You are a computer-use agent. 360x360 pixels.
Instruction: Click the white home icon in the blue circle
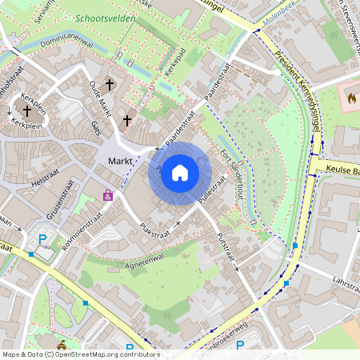tap(180, 172)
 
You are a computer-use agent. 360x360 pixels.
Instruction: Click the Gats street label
tap(96, 130)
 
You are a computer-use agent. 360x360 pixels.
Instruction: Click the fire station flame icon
tap(350, 98)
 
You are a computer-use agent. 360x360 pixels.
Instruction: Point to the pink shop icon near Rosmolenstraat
tap(107, 194)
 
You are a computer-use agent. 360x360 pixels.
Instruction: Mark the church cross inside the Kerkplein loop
tap(26, 112)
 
